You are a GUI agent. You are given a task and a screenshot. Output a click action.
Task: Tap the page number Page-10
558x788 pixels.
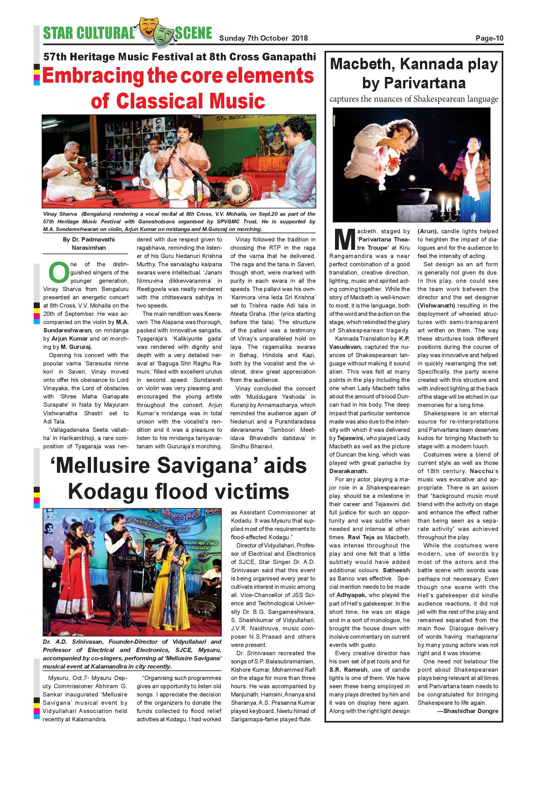[489, 38]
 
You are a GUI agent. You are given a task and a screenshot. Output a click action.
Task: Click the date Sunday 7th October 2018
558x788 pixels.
[263, 38]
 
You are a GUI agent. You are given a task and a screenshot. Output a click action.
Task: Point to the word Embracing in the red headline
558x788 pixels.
[93, 76]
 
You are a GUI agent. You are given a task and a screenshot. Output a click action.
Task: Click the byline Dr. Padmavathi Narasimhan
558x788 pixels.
[88, 243]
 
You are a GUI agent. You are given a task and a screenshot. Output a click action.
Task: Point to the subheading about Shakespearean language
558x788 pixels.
[414, 99]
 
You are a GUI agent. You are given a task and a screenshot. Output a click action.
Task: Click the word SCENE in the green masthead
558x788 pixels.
[193, 33]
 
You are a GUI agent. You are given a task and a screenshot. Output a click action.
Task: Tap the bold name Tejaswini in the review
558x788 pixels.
[349, 438]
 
